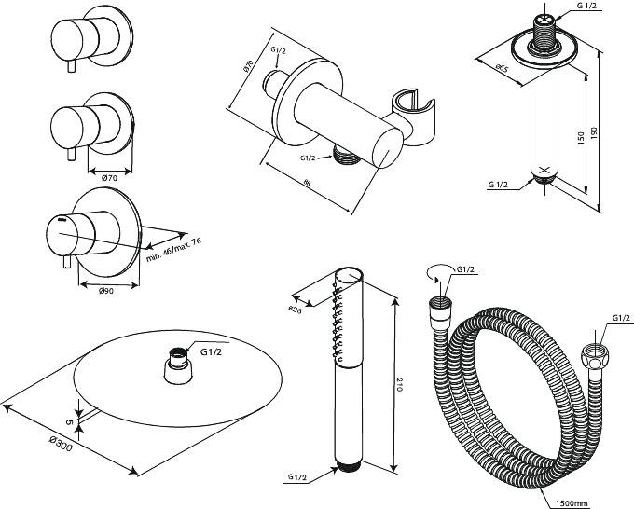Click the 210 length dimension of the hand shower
[400, 384]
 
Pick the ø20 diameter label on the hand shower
[296, 309]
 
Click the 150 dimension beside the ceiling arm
[579, 137]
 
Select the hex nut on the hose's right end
[593, 356]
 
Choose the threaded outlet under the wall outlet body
[347, 159]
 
